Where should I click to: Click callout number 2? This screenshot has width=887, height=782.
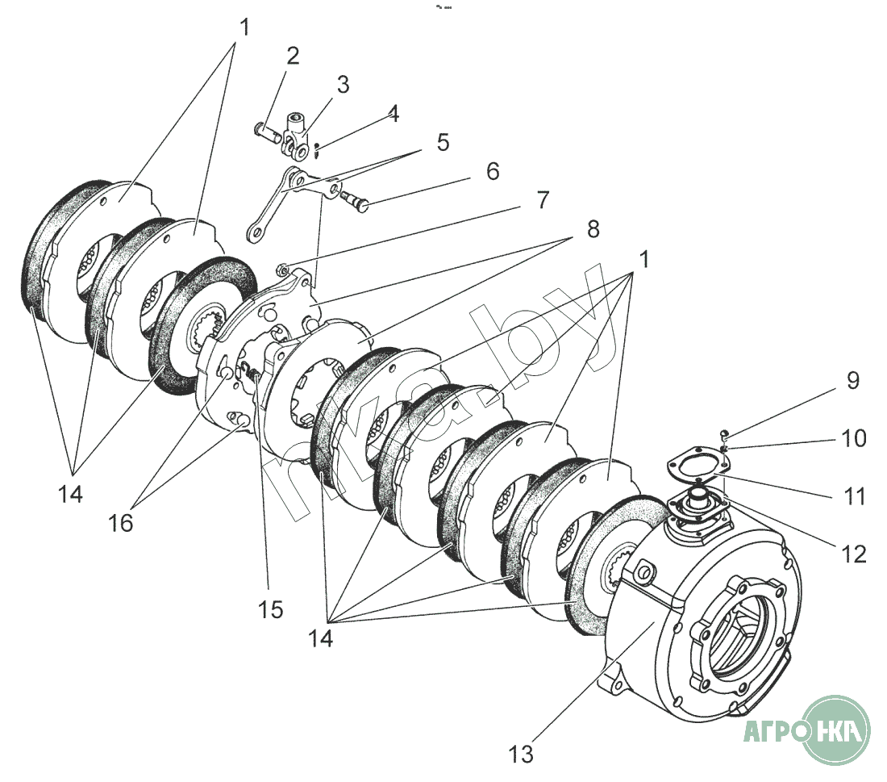click(x=293, y=56)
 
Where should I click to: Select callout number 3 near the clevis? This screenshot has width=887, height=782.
click(x=343, y=85)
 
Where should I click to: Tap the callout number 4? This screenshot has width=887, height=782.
click(x=394, y=113)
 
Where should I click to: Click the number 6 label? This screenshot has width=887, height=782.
click(x=493, y=171)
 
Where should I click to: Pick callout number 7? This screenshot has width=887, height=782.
click(x=543, y=200)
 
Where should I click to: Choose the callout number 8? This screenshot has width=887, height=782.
click(x=593, y=229)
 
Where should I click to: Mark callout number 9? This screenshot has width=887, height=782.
click(x=853, y=380)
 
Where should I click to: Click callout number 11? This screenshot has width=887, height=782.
click(x=854, y=496)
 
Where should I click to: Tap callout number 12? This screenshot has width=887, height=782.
click(x=854, y=554)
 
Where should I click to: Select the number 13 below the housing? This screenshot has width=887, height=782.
click(x=520, y=754)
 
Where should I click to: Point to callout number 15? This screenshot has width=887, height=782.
click(x=270, y=610)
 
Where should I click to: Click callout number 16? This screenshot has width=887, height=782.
click(x=120, y=523)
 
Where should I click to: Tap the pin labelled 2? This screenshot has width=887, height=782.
click(x=267, y=132)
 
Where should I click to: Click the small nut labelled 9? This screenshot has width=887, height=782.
click(x=725, y=435)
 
